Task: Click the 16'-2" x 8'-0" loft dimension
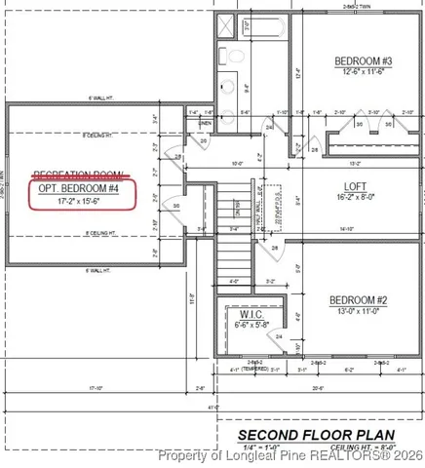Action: [355, 196]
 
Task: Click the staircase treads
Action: [232, 258]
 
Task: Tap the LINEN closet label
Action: [204, 123]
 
